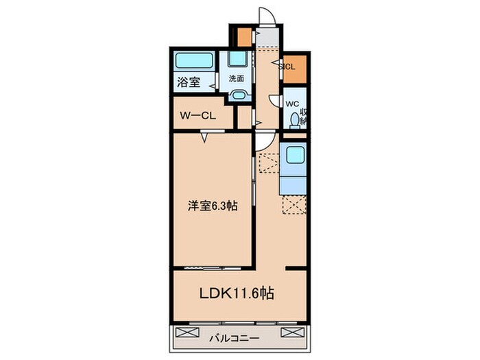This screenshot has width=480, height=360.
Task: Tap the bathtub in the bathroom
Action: [x=193, y=60]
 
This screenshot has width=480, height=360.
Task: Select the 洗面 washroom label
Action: [x=237, y=77]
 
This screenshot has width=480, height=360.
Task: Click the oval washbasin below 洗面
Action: [x=239, y=96]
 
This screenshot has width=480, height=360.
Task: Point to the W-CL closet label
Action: [x=198, y=115]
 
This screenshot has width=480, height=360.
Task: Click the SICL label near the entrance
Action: [x=288, y=67]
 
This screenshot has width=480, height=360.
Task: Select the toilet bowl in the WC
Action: [x=295, y=121]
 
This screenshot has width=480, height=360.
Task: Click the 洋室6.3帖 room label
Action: [x=213, y=205]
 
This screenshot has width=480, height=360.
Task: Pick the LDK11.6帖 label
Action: [x=237, y=293]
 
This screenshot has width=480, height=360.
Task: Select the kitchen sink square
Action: [x=295, y=156]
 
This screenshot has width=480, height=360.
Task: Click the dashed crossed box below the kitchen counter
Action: [x=295, y=205]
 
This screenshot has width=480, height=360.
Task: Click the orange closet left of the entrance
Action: [x=244, y=36]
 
